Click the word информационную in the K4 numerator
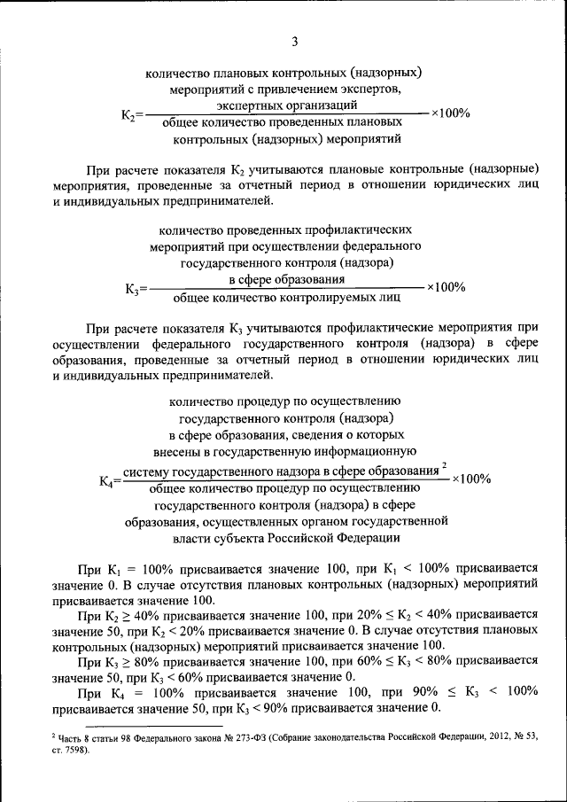coord(361,452)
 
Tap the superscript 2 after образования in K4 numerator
coord(444,464)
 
